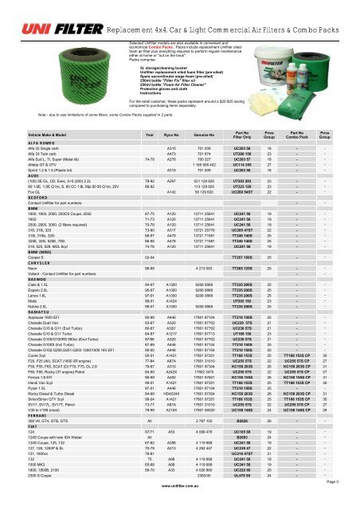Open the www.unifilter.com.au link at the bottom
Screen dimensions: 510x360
coord(180,505)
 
